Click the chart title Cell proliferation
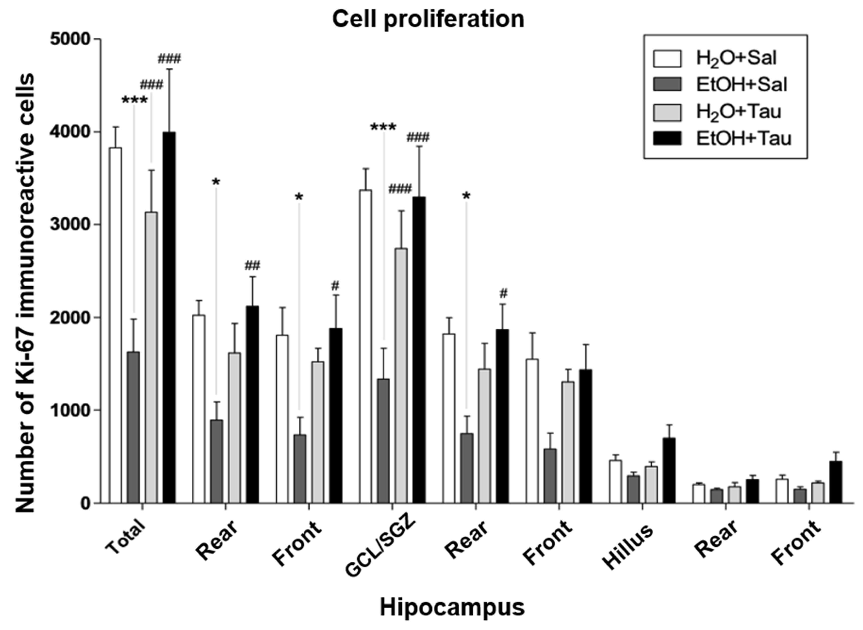click(428, 19)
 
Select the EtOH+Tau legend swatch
click(667, 138)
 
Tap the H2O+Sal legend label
click(736, 58)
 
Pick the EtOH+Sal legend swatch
click(667, 84)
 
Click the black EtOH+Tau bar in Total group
click(169, 317)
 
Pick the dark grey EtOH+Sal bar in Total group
click(133, 427)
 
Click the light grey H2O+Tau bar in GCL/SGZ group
click(401, 376)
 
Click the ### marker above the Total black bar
click(169, 59)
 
